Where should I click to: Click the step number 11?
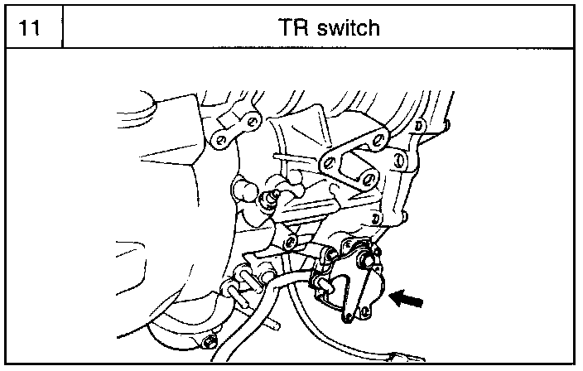(31, 28)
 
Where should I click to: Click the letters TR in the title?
(296, 28)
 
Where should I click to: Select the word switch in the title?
(347, 28)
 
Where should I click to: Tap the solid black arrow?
(409, 297)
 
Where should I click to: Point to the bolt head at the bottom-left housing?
(208, 340)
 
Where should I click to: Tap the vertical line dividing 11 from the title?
(64, 28)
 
